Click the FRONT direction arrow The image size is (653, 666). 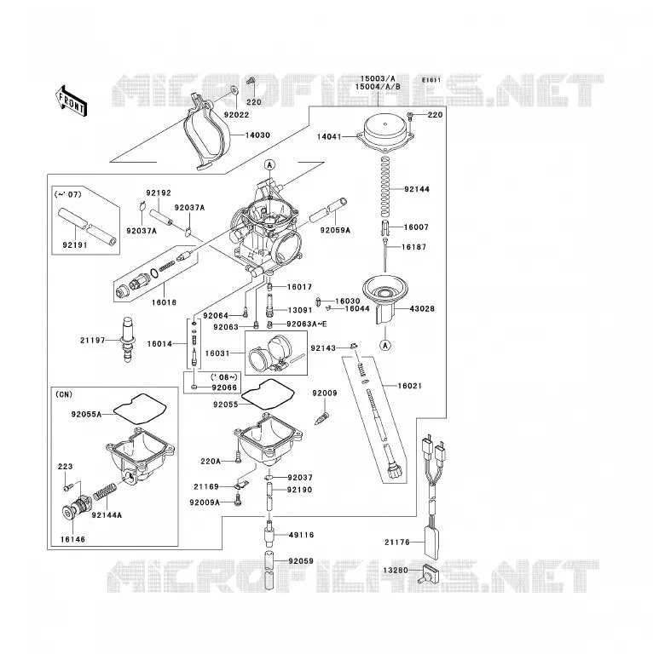[71, 101]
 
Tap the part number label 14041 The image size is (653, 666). [329, 137]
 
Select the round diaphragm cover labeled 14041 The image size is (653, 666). [385, 132]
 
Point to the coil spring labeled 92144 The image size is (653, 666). [385, 185]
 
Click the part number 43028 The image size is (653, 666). [422, 309]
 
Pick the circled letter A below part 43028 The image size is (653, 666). [385, 345]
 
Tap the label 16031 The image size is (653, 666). [217, 353]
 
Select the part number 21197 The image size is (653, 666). [93, 340]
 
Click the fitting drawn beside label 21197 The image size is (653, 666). [128, 339]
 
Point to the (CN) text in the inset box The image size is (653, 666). [64, 394]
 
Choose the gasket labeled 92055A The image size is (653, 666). [140, 409]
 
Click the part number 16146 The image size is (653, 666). [72, 539]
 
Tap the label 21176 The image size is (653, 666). [397, 542]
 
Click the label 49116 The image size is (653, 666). [302, 535]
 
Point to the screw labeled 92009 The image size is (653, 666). [322, 418]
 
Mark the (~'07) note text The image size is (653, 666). [68, 194]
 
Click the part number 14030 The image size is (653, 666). [257, 135]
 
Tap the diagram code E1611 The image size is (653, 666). [431, 80]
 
